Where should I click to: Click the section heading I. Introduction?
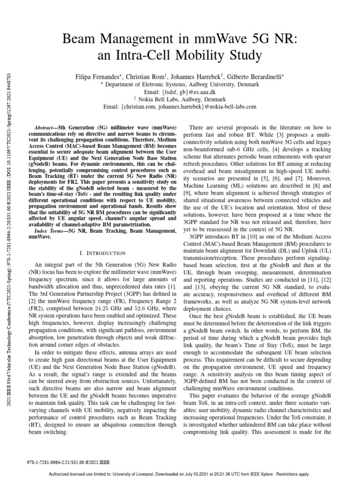[x=102, y=253]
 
